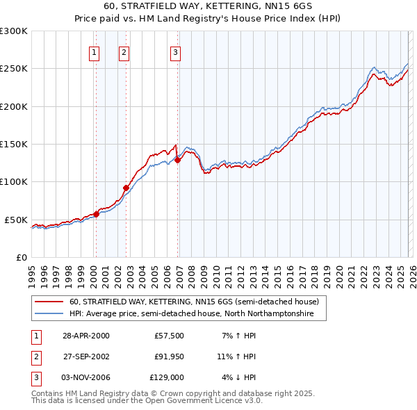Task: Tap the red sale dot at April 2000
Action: (97, 214)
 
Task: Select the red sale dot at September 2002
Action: (126, 188)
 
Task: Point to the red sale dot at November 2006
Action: (177, 160)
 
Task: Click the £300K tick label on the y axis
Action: (13, 31)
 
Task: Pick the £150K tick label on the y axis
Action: (13, 144)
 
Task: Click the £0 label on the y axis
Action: (21, 257)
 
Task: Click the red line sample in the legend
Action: (50, 302)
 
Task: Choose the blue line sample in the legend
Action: (50, 314)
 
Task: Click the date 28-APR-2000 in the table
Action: (85, 336)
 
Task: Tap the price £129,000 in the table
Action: (167, 377)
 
